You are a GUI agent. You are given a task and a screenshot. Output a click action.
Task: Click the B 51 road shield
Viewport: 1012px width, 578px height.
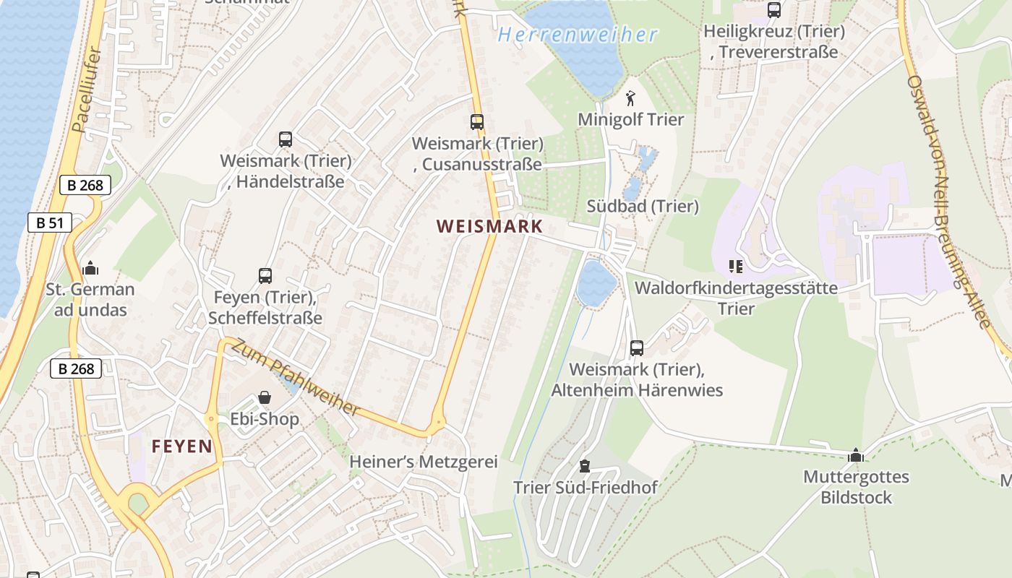50,223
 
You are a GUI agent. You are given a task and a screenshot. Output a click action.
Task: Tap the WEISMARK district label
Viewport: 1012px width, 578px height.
489,226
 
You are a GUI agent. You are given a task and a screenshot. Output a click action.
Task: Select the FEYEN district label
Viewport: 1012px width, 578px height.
182,447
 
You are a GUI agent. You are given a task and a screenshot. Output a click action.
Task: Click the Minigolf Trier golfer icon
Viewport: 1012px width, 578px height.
631,98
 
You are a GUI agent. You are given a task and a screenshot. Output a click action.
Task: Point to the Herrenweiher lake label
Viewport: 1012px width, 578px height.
578,35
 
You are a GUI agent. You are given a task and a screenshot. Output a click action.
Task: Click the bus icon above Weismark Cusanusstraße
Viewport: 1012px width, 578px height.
477,122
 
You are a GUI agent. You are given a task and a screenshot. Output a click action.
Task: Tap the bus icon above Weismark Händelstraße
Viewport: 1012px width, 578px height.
286,139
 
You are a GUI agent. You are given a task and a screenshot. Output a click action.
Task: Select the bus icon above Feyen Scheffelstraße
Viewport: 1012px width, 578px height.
265,275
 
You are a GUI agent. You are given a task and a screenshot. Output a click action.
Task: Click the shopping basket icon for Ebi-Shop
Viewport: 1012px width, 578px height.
265,398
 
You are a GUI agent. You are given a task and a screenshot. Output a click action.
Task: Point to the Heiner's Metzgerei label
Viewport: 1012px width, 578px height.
424,462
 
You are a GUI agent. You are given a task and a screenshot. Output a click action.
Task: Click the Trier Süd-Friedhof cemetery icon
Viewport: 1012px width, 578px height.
585,466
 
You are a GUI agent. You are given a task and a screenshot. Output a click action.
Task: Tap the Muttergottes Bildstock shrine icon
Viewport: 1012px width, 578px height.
856,455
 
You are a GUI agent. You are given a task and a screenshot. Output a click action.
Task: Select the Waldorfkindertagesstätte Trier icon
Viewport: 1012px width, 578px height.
736,267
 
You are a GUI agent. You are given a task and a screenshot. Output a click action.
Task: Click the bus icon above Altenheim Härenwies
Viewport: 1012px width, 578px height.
637,348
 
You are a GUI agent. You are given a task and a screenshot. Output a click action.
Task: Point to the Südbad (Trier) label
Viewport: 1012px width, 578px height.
643,207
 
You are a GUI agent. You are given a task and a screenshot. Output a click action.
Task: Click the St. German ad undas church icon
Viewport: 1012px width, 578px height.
90,269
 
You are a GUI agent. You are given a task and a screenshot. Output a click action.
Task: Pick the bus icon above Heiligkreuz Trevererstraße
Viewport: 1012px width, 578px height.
774,10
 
